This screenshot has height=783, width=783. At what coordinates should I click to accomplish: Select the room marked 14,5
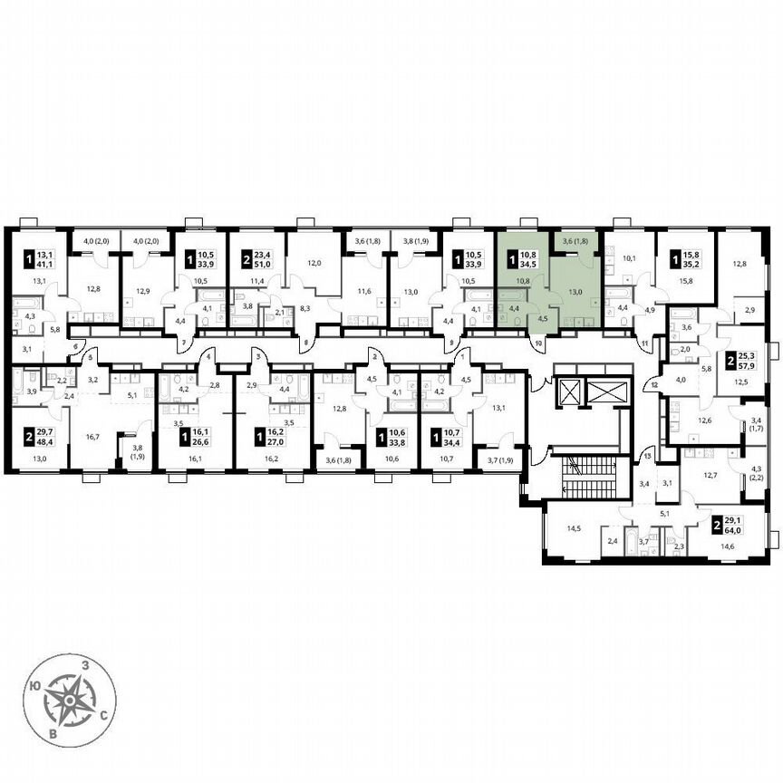point(573,527)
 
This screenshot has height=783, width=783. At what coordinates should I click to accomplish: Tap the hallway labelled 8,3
point(280,309)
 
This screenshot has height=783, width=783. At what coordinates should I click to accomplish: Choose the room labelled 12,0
point(313,264)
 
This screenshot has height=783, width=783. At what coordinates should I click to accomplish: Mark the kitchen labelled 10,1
point(630,257)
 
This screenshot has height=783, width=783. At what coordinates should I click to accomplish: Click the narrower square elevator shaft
point(571,392)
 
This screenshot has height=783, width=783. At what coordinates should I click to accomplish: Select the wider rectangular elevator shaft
point(604,392)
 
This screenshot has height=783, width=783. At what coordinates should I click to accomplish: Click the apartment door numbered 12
point(653,383)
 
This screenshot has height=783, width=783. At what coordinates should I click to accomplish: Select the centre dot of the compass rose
point(71,700)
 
